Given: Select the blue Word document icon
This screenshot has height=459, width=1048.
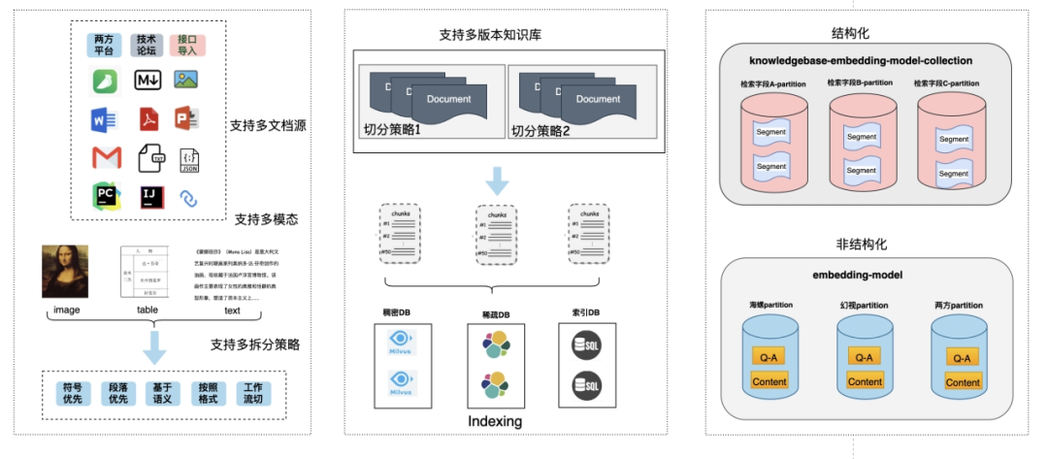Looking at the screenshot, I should [x=105, y=119].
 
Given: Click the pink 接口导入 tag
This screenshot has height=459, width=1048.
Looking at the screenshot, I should [x=188, y=45].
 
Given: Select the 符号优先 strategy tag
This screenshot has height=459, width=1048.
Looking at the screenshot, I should [x=74, y=393].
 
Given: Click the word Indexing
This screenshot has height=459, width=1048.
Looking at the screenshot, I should [x=495, y=421].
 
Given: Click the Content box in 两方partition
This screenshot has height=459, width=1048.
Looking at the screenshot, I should [x=963, y=382].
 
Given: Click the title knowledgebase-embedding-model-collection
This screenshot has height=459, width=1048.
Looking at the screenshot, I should [x=861, y=60].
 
